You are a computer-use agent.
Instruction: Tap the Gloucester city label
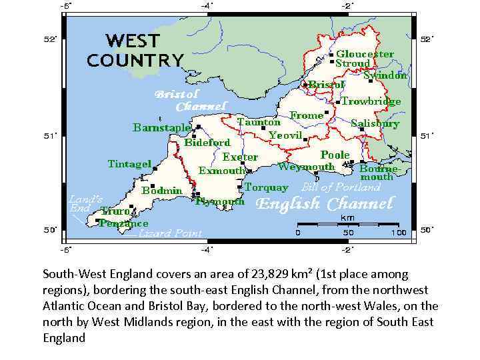364,53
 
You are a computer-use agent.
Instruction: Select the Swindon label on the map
385,75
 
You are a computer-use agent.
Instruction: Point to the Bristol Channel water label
191,101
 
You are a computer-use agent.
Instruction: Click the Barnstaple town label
161,127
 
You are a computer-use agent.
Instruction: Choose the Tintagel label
129,163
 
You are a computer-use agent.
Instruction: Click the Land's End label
85,203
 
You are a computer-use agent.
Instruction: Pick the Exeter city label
239,157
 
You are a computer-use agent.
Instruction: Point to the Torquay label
266,187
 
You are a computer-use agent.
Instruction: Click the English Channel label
325,204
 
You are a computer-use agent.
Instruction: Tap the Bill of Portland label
341,187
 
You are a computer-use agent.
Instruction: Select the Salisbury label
375,123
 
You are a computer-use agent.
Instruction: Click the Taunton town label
259,122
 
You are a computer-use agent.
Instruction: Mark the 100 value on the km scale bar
399,233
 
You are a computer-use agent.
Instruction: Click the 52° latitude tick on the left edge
49,39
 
